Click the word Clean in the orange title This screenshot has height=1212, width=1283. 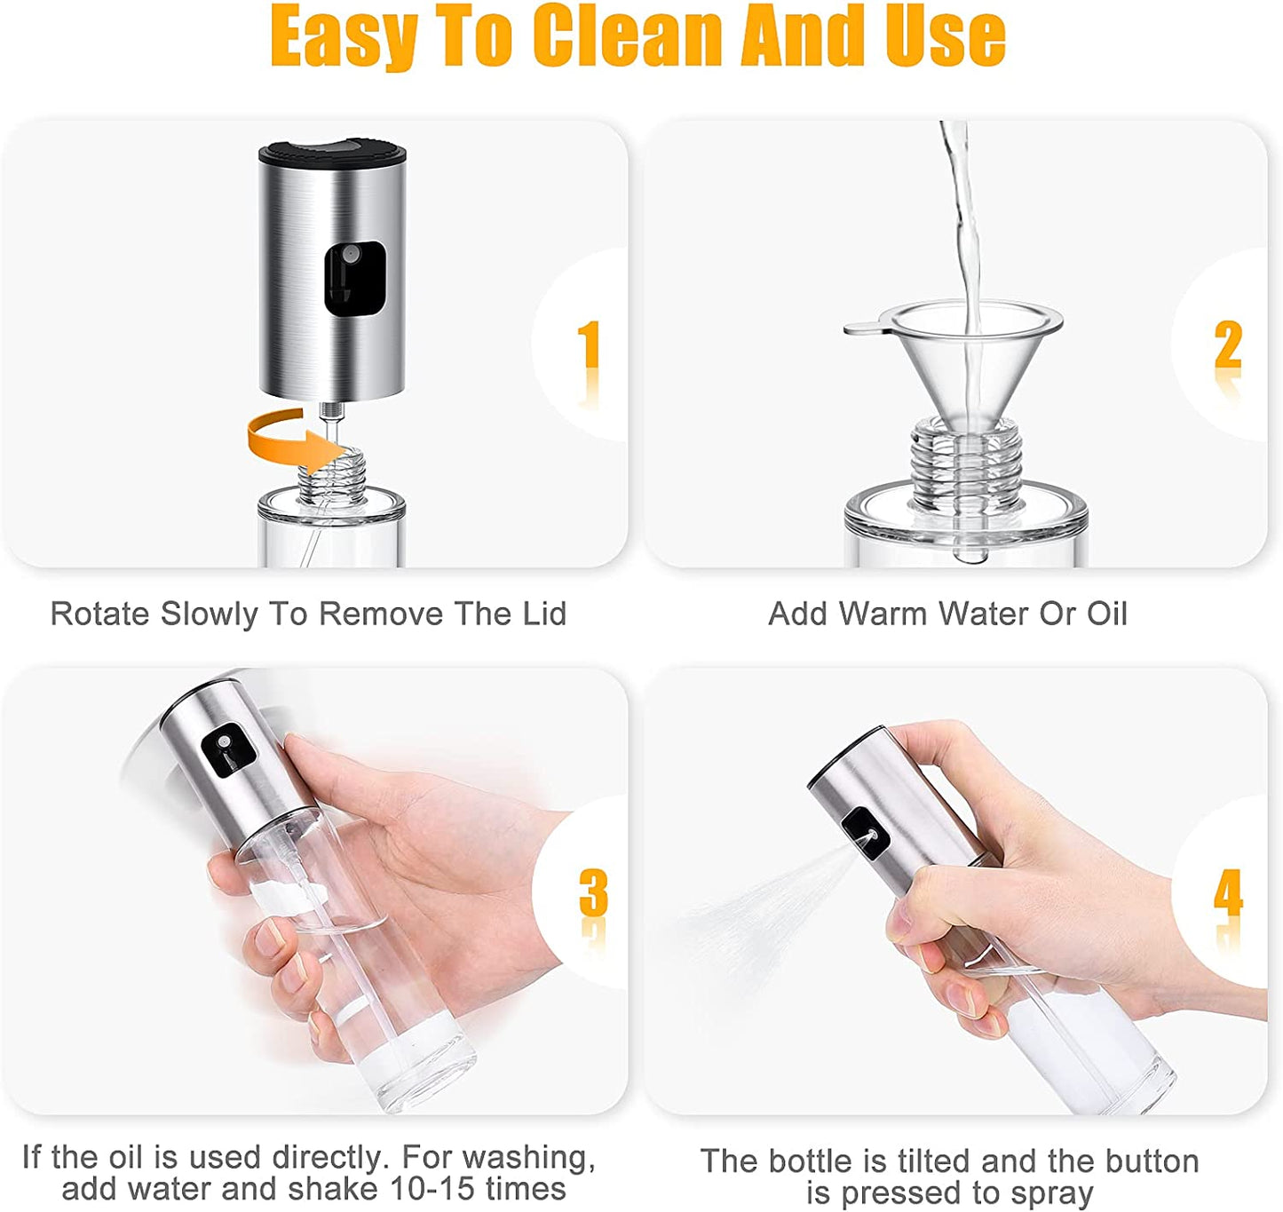pyautogui.click(x=628, y=37)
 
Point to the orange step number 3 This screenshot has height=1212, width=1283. pyautogui.click(x=594, y=892)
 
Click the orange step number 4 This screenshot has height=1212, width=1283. pyautogui.click(x=1228, y=892)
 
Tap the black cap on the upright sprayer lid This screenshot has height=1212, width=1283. pyautogui.click(x=332, y=153)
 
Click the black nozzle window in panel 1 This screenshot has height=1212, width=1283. pyautogui.click(x=354, y=279)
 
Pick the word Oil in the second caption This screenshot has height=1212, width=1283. pyautogui.click(x=1106, y=614)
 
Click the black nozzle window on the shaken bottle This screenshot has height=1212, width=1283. pyautogui.click(x=228, y=749)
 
